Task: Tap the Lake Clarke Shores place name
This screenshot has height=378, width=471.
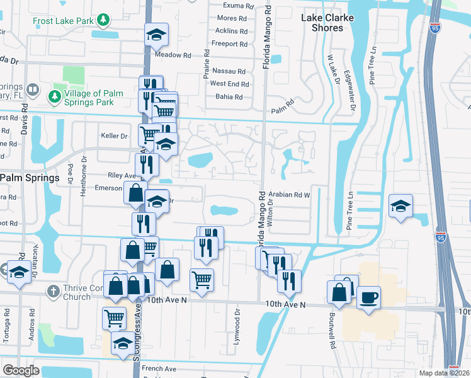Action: pyautogui.click(x=327, y=23)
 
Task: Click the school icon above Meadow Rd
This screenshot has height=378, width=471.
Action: pyautogui.click(x=155, y=35)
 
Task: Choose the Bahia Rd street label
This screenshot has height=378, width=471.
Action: pyautogui.click(x=227, y=97)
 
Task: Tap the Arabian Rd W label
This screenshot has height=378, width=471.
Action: pyautogui.click(x=290, y=195)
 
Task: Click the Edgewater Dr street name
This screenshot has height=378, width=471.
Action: pyautogui.click(x=353, y=96)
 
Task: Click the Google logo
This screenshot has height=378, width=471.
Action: pyautogui.click(x=21, y=370)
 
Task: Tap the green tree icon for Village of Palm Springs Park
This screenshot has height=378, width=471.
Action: pyautogui.click(x=54, y=96)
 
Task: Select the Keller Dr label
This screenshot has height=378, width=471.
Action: pyautogui.click(x=114, y=135)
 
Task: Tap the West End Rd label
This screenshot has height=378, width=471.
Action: pyautogui.click(x=229, y=84)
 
